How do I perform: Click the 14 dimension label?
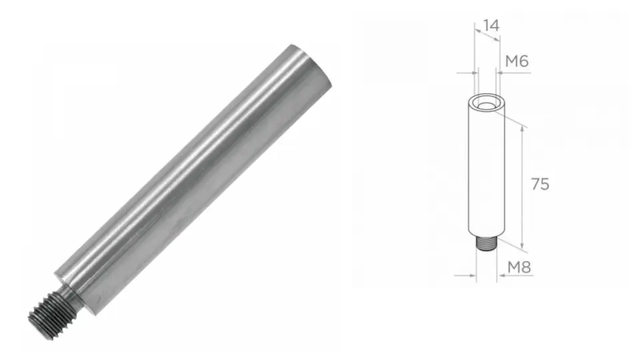pos(491,26)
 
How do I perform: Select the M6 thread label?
pos(517,61)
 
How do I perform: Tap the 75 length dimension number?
pos(540,185)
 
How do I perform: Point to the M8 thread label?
pos(519,267)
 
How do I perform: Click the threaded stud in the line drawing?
pos(486,244)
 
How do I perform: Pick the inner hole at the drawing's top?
pos(486,106)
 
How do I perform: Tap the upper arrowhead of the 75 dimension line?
pos(522,128)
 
